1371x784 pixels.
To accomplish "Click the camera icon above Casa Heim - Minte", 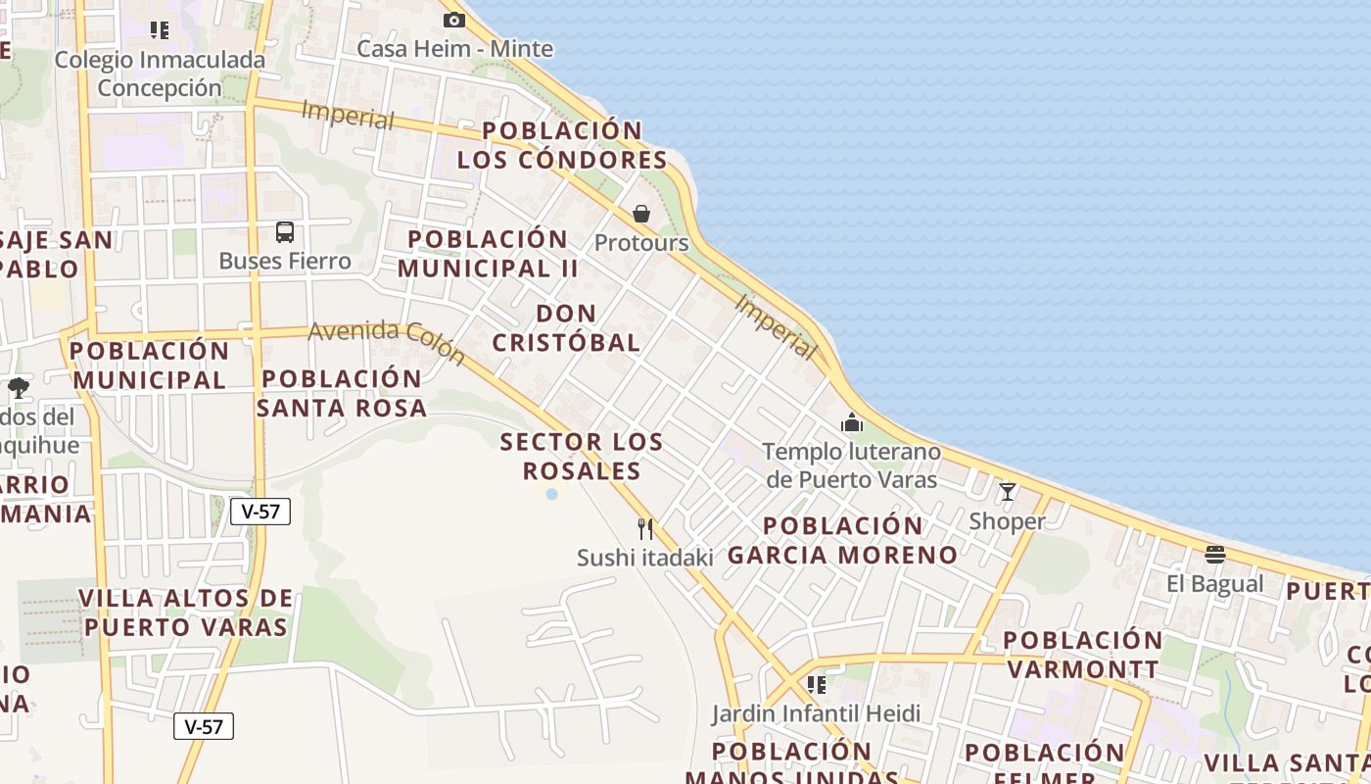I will [x=453, y=20].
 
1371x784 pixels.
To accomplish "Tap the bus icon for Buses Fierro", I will [x=285, y=232].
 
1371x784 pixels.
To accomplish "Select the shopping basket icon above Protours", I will [x=641, y=214].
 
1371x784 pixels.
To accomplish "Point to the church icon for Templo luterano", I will [x=852, y=423].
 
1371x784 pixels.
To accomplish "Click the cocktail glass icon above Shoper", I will [x=1007, y=492].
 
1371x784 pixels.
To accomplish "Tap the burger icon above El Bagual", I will [x=1215, y=555].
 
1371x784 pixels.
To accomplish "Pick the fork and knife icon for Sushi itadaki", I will [x=644, y=529].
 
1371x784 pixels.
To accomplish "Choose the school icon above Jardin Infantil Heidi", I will [x=816, y=684].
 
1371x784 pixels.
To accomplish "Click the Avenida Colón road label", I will [x=387, y=342].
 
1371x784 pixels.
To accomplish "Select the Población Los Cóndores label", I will [x=562, y=145].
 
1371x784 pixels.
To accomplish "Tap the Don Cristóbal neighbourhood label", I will [x=566, y=327].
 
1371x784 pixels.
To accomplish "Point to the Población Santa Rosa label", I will [x=342, y=393].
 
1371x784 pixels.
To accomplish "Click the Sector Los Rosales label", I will [x=582, y=456].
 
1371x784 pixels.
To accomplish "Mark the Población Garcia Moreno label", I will [x=842, y=540].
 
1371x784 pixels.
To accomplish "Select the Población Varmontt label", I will [x=1082, y=655].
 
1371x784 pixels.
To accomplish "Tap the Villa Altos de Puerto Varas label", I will [x=185, y=612].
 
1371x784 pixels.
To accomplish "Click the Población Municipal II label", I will [x=488, y=253].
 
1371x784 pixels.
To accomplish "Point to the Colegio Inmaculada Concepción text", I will [x=160, y=73].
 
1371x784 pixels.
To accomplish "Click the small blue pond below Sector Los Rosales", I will [x=551, y=495].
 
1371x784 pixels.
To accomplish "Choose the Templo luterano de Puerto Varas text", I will [x=851, y=465].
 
